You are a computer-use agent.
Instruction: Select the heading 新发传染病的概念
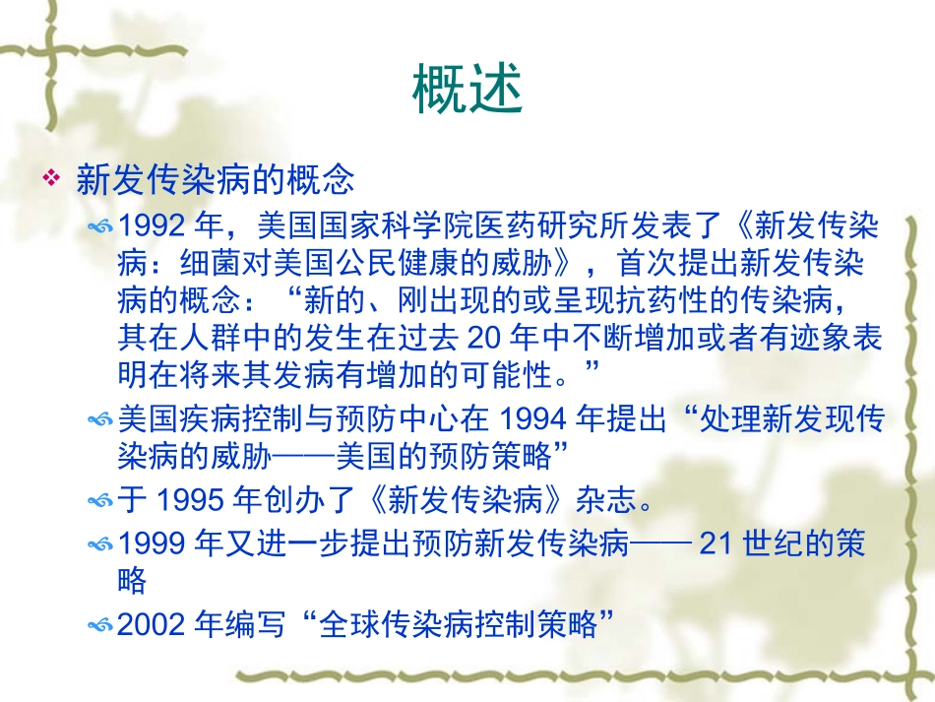pyautogui.click(x=215, y=180)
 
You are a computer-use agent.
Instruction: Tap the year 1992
pyautogui.click(x=151, y=226)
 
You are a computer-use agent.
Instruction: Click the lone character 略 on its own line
pyautogui.click(x=132, y=581)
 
